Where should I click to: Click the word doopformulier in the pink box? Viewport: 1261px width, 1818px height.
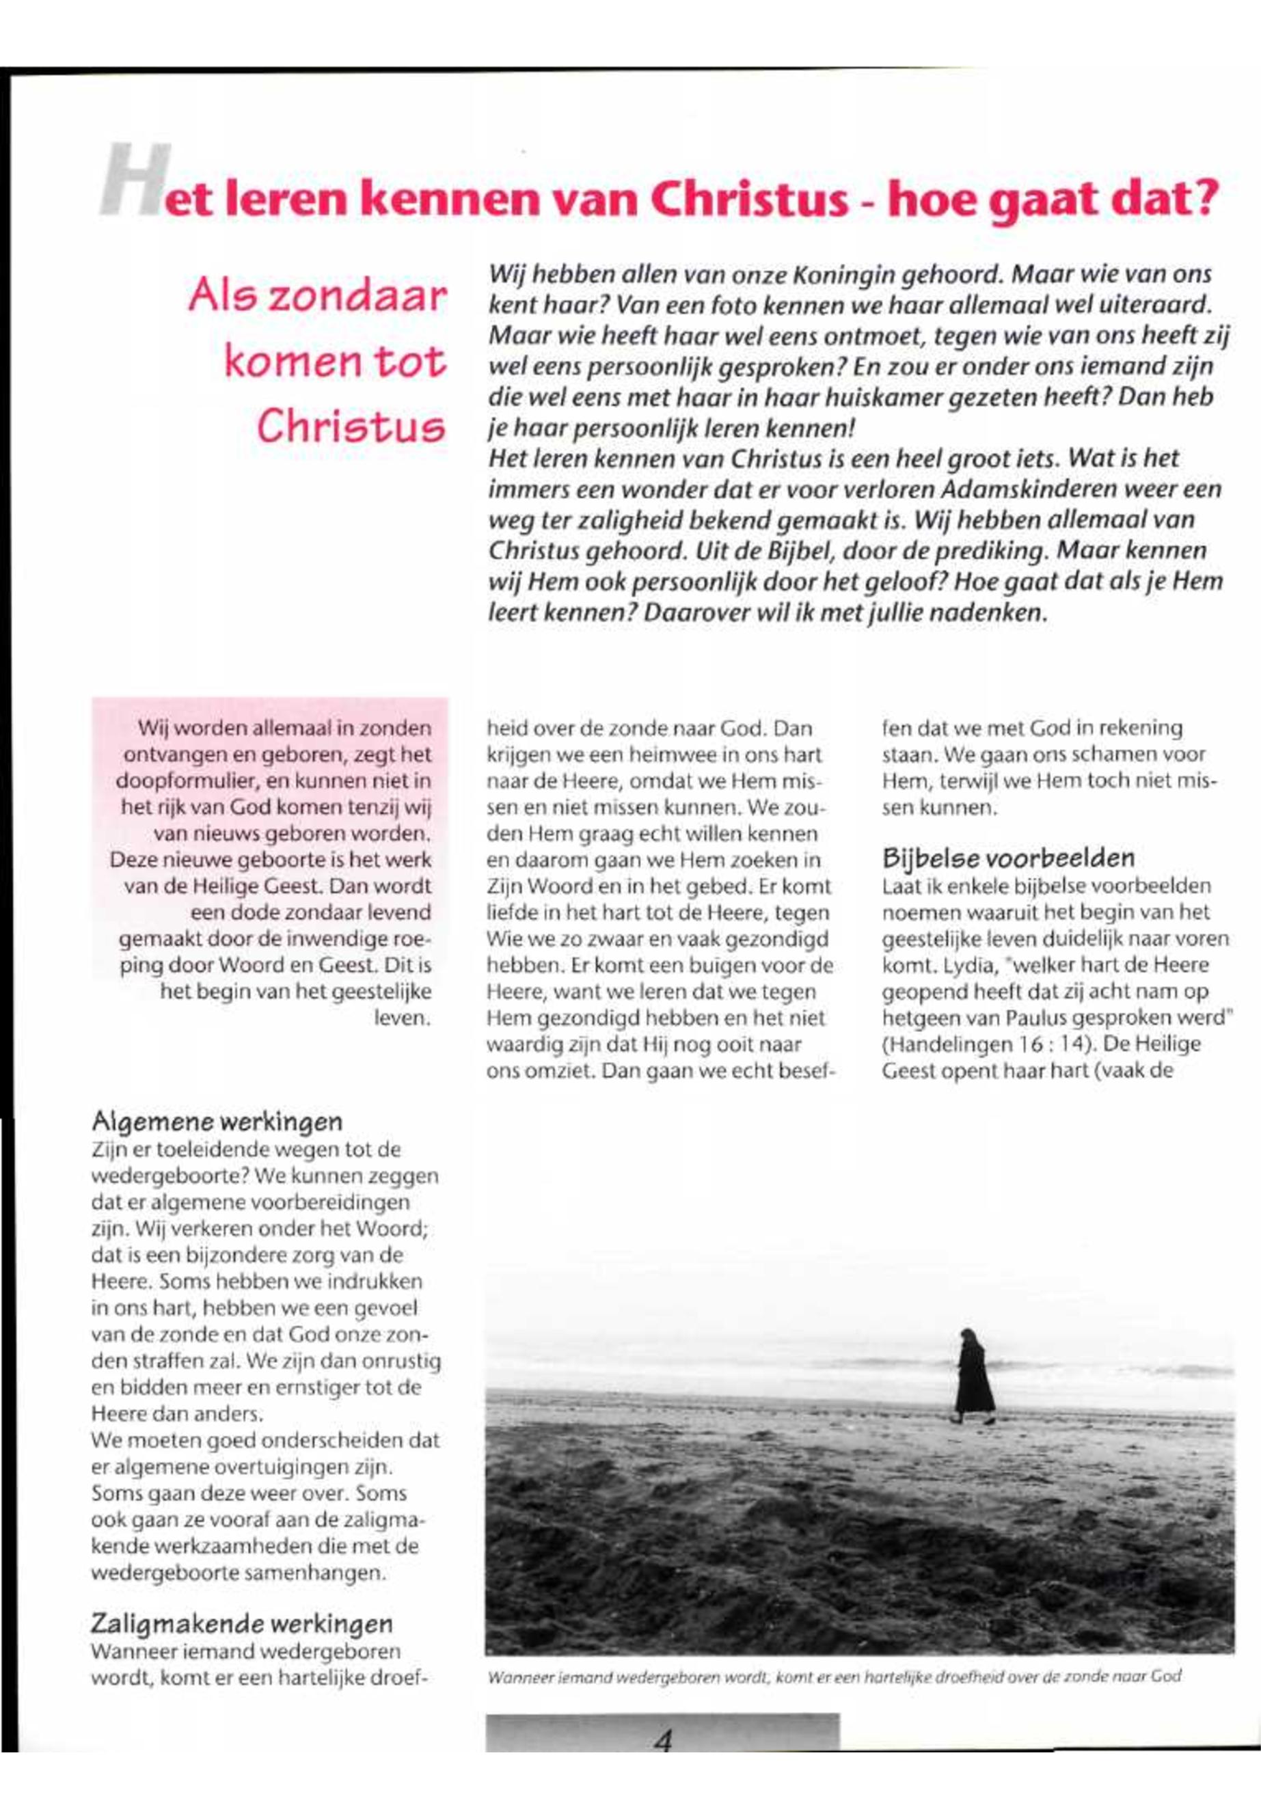coord(173,781)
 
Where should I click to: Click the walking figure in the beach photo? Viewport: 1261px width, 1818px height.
coord(973,1376)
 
